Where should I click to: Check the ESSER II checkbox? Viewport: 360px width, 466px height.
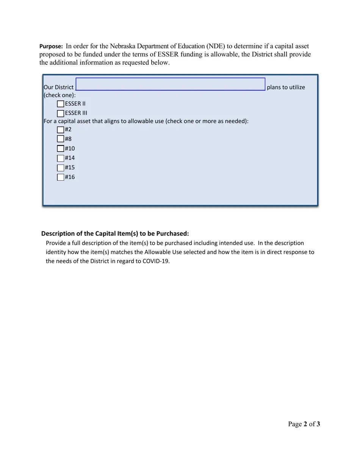pos(61,104)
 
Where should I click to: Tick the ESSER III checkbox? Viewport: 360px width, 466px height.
pos(61,113)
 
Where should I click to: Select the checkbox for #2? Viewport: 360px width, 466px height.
pos(61,130)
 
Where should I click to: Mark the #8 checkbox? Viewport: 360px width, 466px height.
pos(61,139)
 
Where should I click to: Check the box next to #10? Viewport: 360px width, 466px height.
pos(61,149)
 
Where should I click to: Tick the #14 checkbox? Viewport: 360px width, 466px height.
pos(61,158)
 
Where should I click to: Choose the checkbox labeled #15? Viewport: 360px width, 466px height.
pos(61,167)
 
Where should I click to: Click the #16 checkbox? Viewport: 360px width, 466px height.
pos(61,177)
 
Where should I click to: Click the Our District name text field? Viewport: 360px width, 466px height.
pos(170,84)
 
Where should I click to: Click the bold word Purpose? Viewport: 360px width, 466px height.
pos(51,47)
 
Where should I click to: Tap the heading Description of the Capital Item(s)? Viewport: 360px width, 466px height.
pos(115,233)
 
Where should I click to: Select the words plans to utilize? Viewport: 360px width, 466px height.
pos(286,88)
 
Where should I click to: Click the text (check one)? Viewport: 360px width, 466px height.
pos(60,95)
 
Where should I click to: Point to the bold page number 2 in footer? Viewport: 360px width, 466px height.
pos(305,424)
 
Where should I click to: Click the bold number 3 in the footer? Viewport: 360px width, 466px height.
pos(318,424)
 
